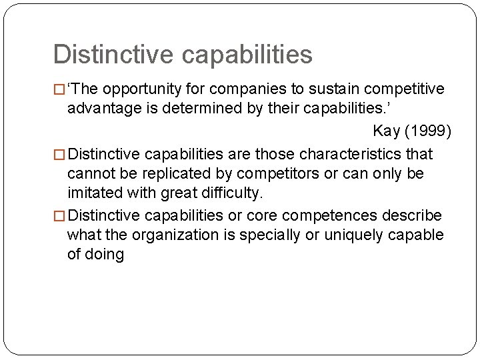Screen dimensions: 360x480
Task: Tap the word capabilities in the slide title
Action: (249, 55)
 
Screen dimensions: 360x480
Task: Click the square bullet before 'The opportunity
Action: (60, 90)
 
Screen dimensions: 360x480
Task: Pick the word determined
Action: (209, 108)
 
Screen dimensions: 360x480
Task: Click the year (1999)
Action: (429, 131)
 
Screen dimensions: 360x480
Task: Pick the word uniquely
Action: (350, 235)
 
